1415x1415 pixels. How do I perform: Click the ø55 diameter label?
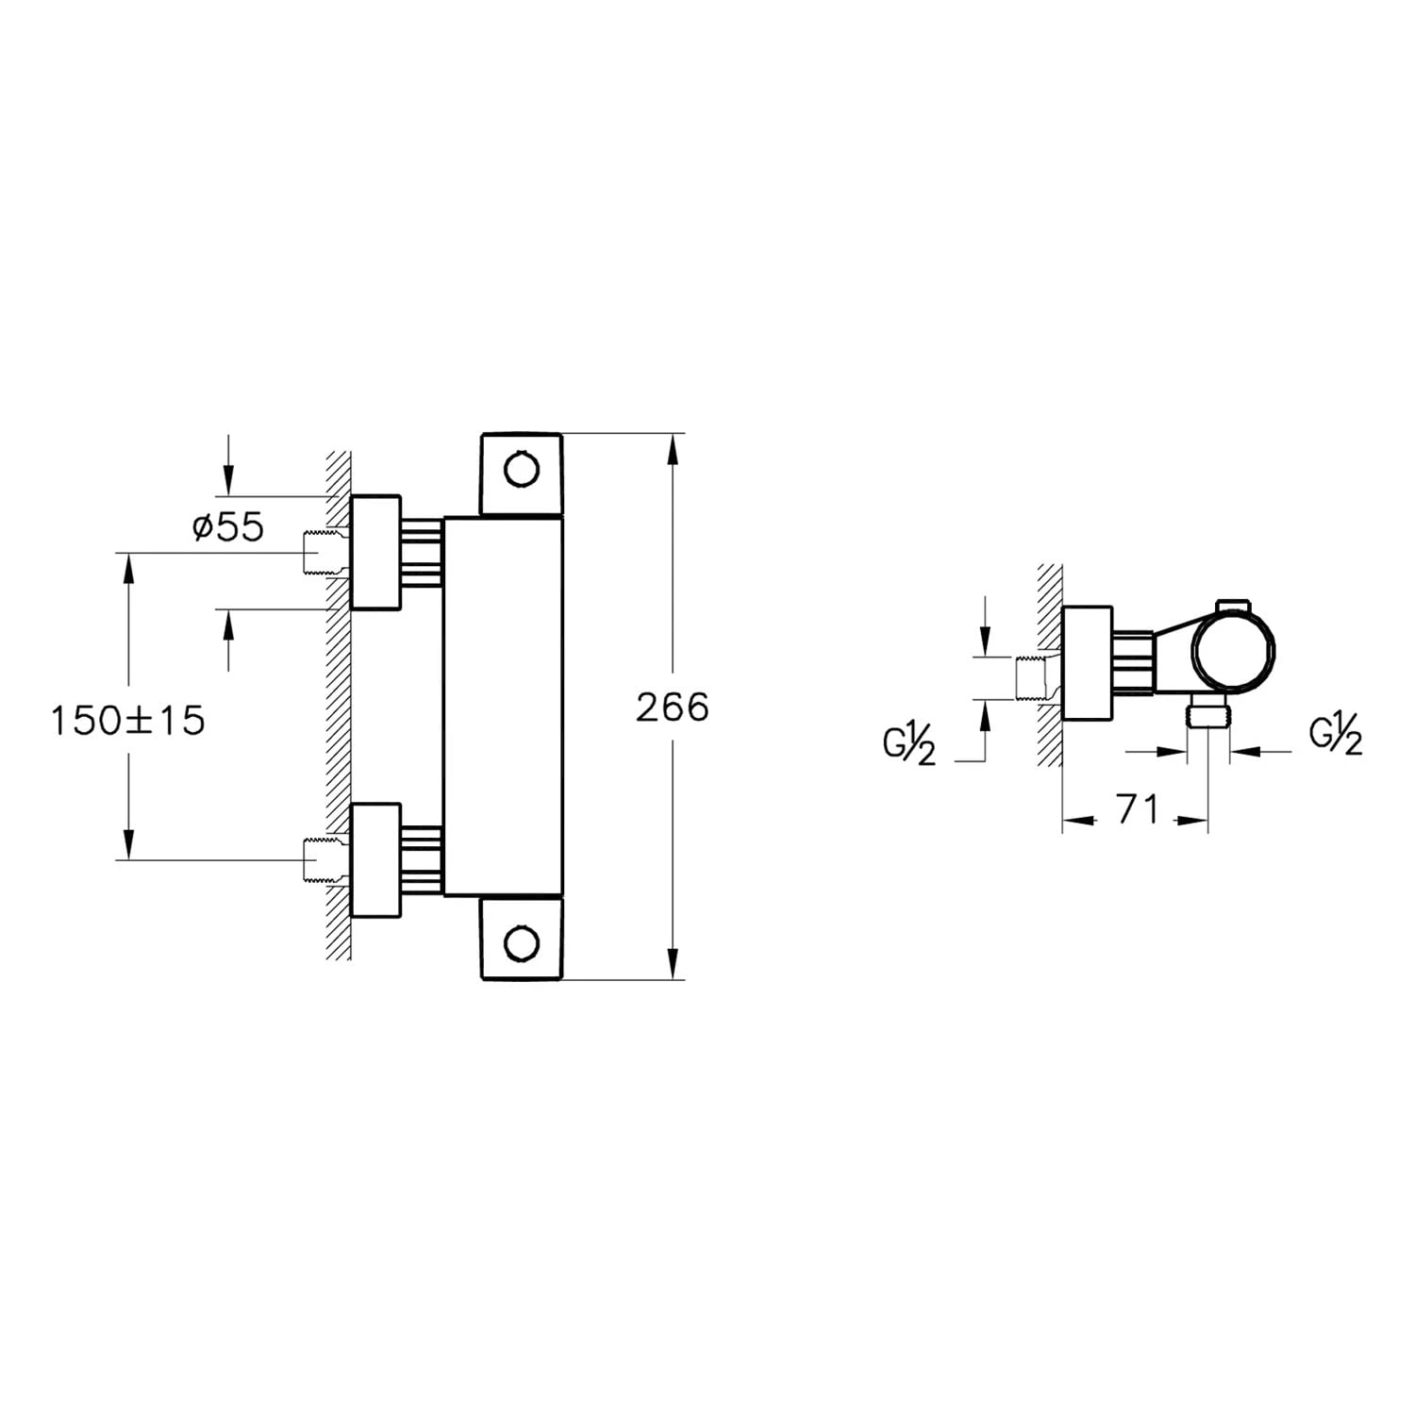coord(228,527)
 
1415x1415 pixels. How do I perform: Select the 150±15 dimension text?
coord(127,722)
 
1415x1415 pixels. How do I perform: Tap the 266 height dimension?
coord(672,707)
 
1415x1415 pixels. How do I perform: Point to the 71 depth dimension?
coord(1137,809)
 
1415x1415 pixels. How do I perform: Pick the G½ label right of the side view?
coord(1336,736)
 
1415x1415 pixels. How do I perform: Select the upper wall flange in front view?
coord(375,552)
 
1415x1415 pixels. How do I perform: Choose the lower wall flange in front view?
coord(375,859)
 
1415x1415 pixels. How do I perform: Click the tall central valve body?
coord(503,706)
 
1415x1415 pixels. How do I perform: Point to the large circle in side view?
coord(1234,652)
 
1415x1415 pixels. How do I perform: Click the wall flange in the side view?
coord(1088,663)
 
